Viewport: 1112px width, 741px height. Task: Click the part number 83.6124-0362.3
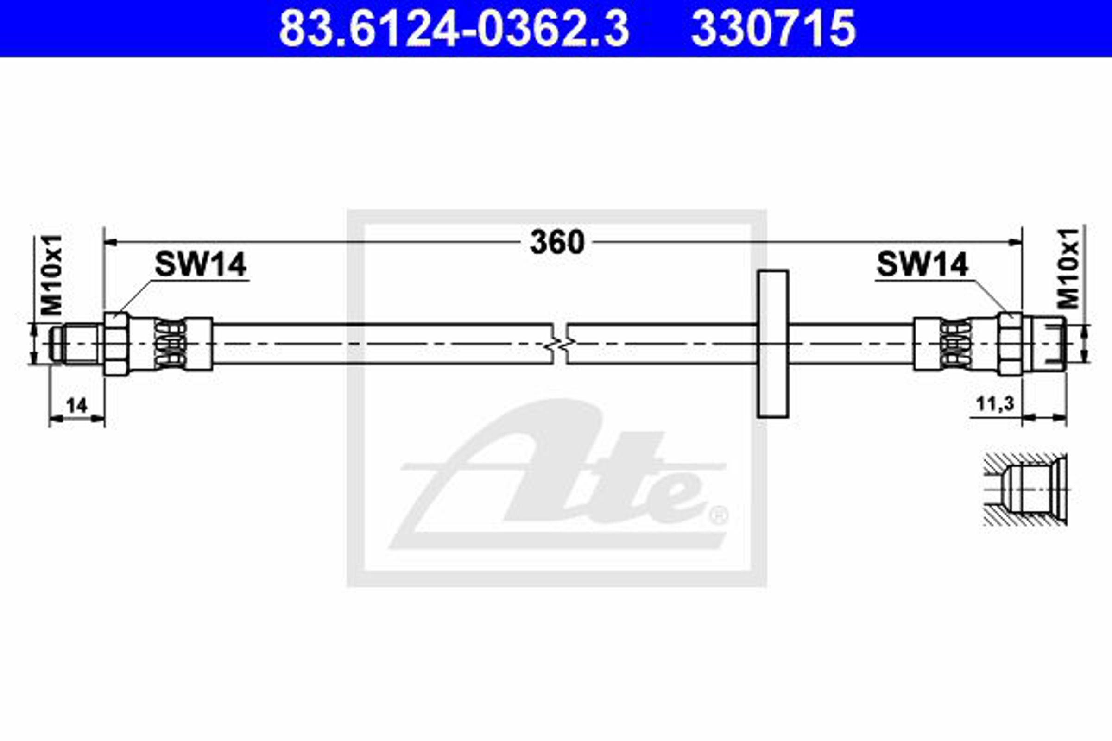[454, 28]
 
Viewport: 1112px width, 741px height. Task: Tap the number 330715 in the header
[773, 28]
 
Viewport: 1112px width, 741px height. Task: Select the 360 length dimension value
[557, 242]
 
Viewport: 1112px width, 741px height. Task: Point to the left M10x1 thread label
[52, 275]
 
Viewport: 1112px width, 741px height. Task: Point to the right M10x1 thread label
[1068, 269]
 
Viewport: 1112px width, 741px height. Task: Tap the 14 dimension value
[76, 406]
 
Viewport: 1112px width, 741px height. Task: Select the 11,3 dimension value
[995, 404]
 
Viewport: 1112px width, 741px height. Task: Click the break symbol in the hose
[560, 344]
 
